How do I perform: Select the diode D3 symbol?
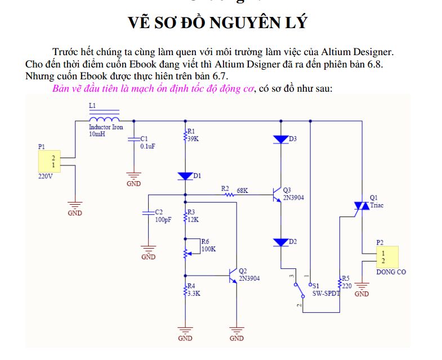click(281, 139)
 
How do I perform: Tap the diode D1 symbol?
click(185, 176)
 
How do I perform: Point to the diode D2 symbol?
click(281, 242)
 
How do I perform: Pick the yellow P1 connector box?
click(50, 161)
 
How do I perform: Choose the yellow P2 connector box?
click(387, 257)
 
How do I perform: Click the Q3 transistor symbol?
click(277, 195)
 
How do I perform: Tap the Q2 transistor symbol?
click(233, 276)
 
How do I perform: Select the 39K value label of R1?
click(193, 139)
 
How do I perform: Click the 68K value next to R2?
click(243, 191)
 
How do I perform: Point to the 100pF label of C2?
click(163, 220)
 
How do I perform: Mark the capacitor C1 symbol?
click(133, 139)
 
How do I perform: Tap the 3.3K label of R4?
click(194, 294)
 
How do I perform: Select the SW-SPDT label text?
click(326, 294)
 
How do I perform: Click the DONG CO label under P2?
click(391, 272)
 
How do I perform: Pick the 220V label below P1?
click(46, 177)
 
